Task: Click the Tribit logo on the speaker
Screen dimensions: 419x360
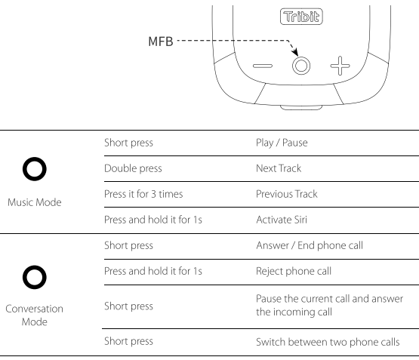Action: coord(301,17)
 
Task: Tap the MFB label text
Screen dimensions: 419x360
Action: coord(161,42)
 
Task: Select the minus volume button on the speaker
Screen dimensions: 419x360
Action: coord(263,66)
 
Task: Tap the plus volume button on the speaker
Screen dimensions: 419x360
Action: coord(340,66)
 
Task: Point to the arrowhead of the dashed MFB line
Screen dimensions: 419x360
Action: coord(295,52)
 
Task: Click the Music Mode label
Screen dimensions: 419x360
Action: coord(35,202)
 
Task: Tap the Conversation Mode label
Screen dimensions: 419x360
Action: coord(35,315)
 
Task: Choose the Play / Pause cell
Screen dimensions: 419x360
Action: coord(282,143)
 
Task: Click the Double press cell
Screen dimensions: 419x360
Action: coord(133,168)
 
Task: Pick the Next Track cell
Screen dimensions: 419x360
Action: coord(279,168)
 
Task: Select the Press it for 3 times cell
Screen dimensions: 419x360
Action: coord(143,194)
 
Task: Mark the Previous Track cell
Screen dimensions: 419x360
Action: coord(287,194)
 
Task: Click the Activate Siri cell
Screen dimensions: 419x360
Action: coord(282,220)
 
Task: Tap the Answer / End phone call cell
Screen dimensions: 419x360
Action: coord(310,245)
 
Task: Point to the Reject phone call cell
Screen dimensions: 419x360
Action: coord(294,271)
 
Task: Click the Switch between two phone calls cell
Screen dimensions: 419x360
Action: coord(328,342)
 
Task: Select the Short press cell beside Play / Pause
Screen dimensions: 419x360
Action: coord(128,143)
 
